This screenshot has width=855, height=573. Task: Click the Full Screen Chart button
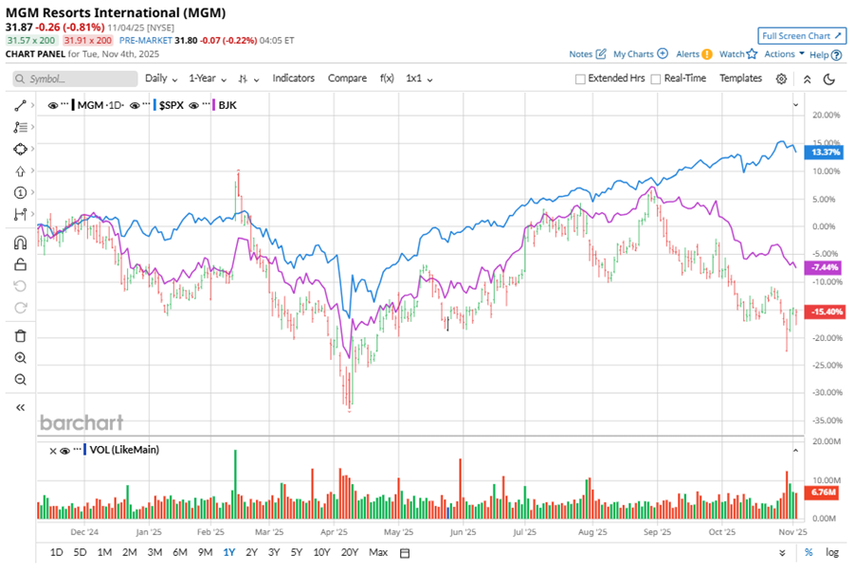(802, 36)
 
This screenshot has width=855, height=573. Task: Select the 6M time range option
(179, 552)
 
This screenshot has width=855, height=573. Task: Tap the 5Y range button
(297, 552)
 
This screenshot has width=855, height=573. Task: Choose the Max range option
(378, 552)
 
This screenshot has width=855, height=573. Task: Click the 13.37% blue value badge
(819, 152)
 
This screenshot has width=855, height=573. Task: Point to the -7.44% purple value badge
(819, 268)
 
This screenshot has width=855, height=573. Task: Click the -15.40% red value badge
(821, 312)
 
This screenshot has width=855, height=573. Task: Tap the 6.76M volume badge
(819, 492)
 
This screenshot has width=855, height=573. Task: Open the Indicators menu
(294, 79)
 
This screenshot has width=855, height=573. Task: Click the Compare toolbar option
(347, 79)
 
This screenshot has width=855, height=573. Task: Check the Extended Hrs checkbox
(581, 79)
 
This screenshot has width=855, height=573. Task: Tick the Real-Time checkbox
(656, 79)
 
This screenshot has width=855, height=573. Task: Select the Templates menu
(740, 79)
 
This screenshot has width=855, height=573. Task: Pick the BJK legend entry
(227, 105)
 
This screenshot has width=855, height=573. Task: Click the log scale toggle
(831, 552)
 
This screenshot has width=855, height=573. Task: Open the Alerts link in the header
(688, 54)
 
